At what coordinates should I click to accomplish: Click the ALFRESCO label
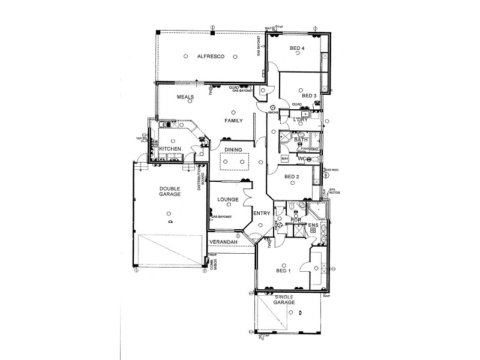tap(210, 56)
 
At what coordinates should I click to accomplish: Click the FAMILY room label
tap(233, 121)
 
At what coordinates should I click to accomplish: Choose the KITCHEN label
tap(170, 148)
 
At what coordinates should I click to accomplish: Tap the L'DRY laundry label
tap(300, 120)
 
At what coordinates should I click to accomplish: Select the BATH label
tap(301, 140)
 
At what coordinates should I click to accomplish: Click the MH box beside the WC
tap(284, 158)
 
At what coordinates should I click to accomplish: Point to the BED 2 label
tap(292, 177)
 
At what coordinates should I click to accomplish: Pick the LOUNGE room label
tap(229, 199)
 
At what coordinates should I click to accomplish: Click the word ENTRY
tap(262, 214)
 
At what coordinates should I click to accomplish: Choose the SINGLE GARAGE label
tap(285, 300)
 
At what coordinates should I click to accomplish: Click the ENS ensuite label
tap(312, 226)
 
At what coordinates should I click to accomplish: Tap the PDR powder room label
tap(295, 220)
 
